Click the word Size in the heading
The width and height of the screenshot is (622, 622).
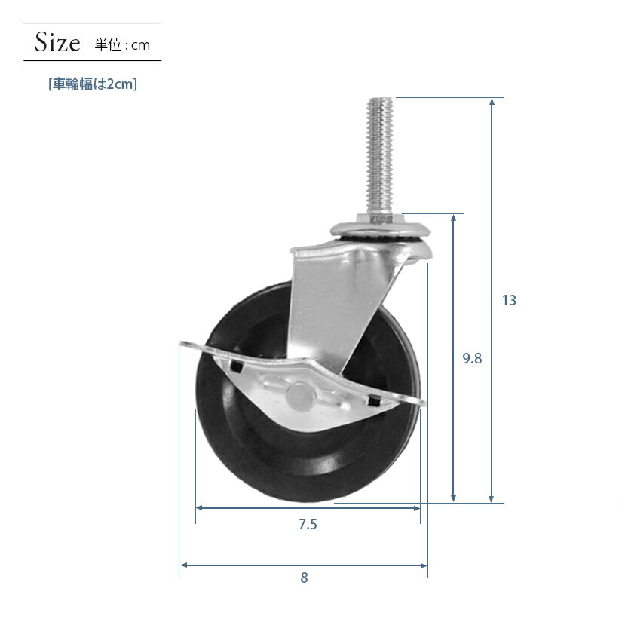(57, 42)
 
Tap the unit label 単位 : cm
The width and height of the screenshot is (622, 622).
(122, 44)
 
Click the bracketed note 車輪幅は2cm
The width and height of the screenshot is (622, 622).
(93, 84)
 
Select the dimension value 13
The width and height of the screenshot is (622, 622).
(509, 300)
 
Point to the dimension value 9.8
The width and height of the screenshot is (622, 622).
(472, 358)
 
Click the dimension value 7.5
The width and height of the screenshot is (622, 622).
(308, 524)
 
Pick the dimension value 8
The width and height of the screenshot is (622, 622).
(304, 578)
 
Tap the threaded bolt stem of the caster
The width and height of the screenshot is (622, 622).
(379, 156)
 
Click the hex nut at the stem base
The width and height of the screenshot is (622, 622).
(380, 219)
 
